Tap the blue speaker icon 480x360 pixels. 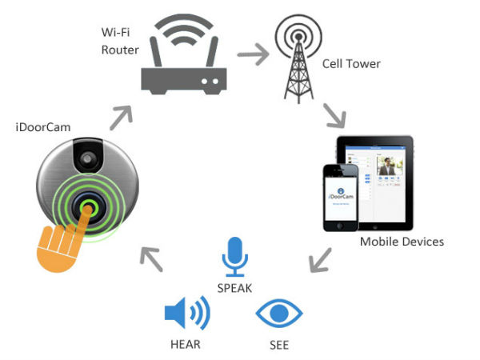click(186, 313)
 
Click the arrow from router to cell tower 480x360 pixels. click(254, 57)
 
